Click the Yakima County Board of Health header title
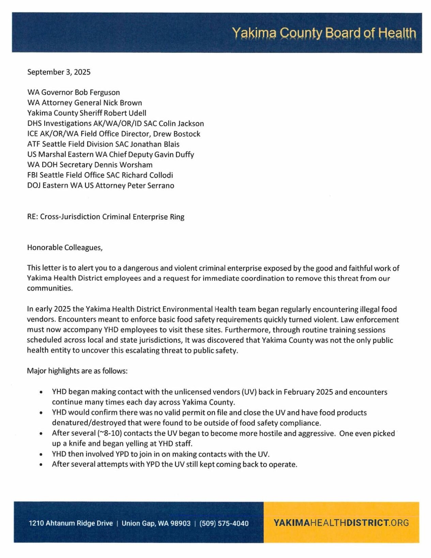click(324, 33)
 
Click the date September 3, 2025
click(59, 72)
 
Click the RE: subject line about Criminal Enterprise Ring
click(106, 217)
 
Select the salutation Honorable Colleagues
click(65, 247)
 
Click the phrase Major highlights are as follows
click(77, 371)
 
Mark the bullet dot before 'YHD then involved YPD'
click(41, 454)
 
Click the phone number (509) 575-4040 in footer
click(224, 523)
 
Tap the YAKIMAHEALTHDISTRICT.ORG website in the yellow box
click(341, 523)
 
